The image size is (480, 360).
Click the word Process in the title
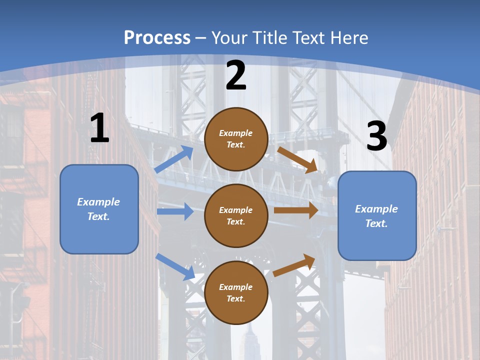[x=157, y=38]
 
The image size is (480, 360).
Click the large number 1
[x=99, y=128]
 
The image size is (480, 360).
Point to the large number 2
[x=236, y=75]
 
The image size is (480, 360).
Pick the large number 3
[x=376, y=136]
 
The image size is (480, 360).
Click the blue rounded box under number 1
[x=99, y=209]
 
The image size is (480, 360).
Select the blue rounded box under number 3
[x=377, y=216]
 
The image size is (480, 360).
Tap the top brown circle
[x=236, y=139]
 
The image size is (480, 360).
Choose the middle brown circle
[x=236, y=216]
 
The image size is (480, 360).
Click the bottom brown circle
[x=236, y=293]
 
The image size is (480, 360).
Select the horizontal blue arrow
[x=175, y=211]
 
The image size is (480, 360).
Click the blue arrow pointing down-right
[x=175, y=266]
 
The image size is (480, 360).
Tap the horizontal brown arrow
[x=296, y=210]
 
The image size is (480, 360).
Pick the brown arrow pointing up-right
[x=294, y=265]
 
